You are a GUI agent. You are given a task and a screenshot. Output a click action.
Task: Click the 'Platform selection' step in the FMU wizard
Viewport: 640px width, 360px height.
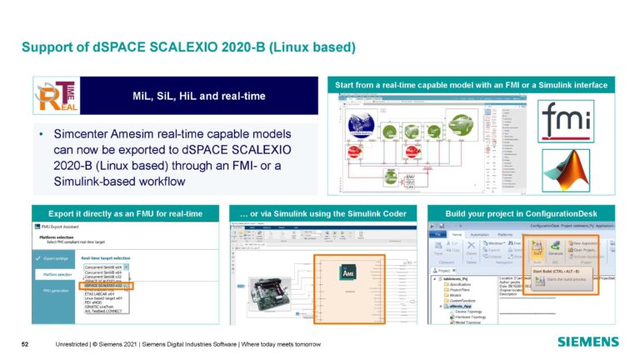pos(57,274)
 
